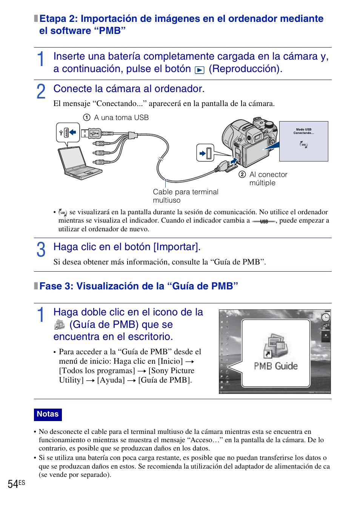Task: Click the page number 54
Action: (x=13, y=484)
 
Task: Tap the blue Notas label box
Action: (x=48, y=414)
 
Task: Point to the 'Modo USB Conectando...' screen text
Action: (x=303, y=131)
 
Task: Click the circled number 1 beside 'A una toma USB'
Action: (x=87, y=117)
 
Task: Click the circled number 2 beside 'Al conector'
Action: (x=242, y=174)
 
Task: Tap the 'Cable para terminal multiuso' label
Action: (x=185, y=196)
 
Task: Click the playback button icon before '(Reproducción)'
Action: (x=200, y=70)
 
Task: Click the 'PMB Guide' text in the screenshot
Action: (x=275, y=366)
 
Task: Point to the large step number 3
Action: (x=41, y=250)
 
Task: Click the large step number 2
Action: (x=41, y=92)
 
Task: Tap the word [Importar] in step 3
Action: (x=176, y=247)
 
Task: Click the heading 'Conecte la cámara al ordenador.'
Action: (x=129, y=89)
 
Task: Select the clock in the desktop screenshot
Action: (x=325, y=317)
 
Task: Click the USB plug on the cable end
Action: (x=94, y=133)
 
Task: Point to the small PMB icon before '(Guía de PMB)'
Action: (x=59, y=325)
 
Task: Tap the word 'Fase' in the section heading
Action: (x=51, y=286)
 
